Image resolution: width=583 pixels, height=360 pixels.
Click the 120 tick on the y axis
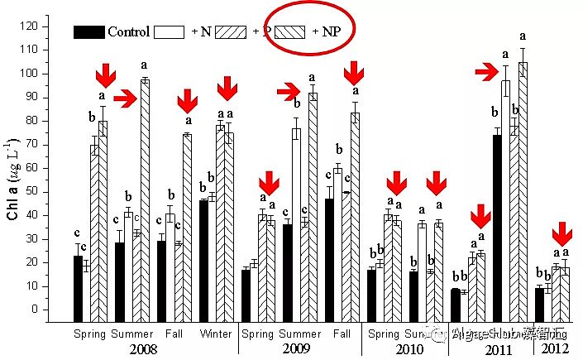pos(51,26)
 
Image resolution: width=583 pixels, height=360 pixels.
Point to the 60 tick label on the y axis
pos(51,168)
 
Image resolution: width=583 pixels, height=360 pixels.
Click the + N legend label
pos(201,31)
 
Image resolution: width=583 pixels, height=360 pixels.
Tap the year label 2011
pos(498,349)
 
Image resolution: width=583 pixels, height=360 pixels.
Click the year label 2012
pos(555,349)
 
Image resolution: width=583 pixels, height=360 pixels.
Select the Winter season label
pos(216,334)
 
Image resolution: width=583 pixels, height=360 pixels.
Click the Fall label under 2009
pos(341,334)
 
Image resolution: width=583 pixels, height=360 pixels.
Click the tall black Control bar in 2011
pos(498,228)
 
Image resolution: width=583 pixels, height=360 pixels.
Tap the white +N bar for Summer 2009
pos(296,224)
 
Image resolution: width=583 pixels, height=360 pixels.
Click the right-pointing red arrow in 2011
pos(486,73)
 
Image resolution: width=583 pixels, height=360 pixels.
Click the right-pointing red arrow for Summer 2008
pos(125,99)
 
